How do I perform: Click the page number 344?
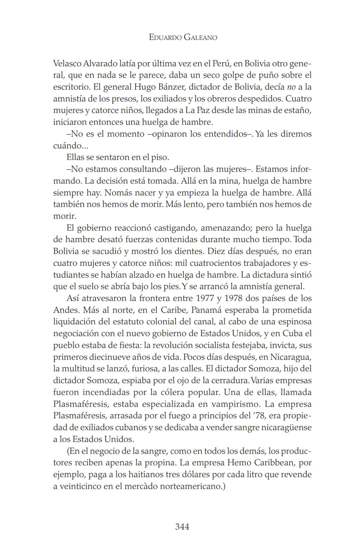(x=182, y=527)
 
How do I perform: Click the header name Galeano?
(x=200, y=37)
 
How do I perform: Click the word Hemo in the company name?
(x=239, y=463)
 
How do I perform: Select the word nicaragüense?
(x=286, y=427)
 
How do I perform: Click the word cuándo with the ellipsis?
(x=68, y=146)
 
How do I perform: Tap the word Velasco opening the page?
(x=67, y=63)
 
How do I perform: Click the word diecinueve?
(x=112, y=357)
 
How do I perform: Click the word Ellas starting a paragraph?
(x=75, y=157)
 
